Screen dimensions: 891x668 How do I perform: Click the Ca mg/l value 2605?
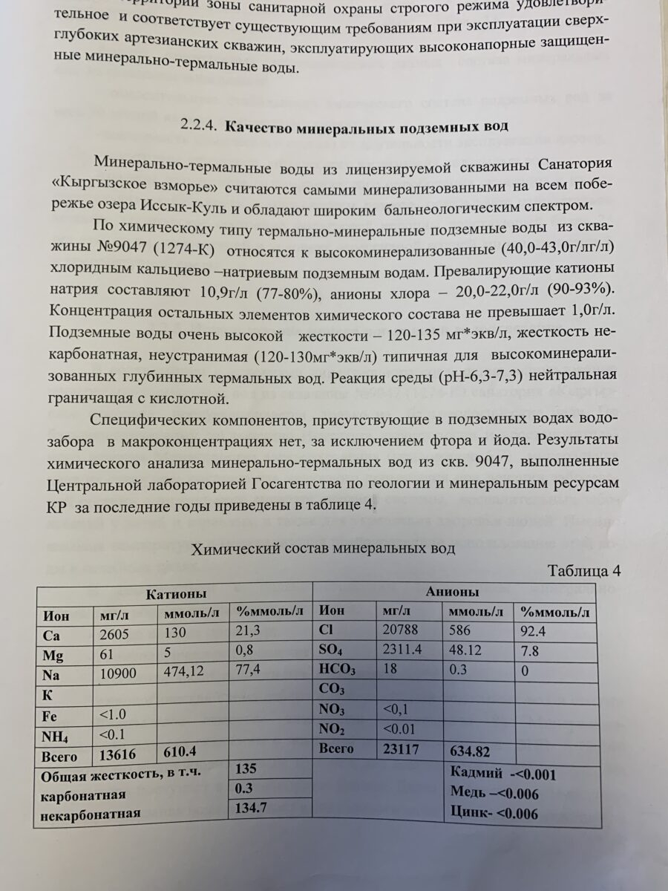pos(115,635)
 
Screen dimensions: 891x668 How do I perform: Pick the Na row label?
pos(52,676)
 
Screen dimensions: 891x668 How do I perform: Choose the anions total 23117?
pos(401,750)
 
